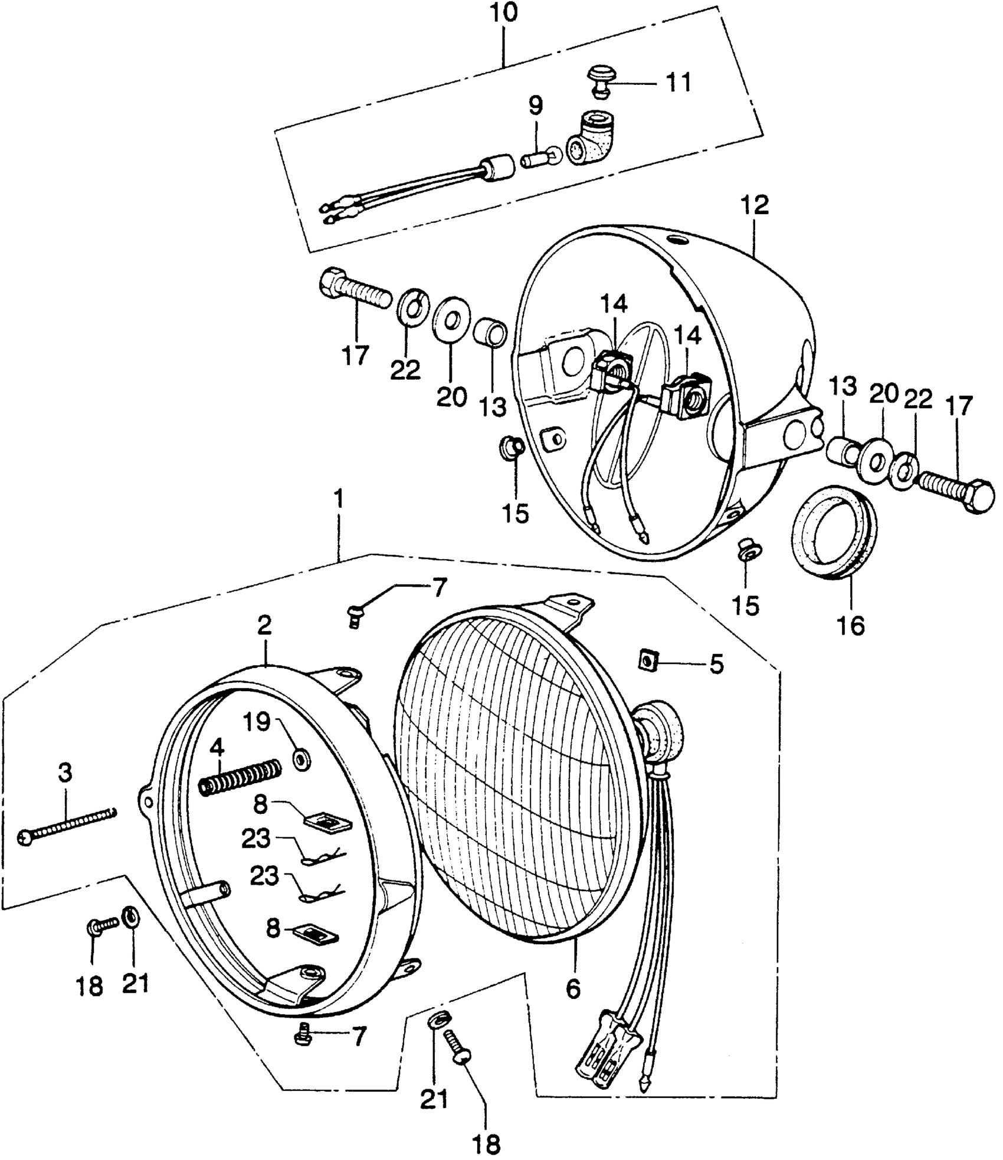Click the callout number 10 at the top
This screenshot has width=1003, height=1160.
(x=504, y=13)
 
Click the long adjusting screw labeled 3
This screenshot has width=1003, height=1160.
(x=68, y=827)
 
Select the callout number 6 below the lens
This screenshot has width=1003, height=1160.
(x=573, y=988)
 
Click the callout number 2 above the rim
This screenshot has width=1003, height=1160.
(x=264, y=625)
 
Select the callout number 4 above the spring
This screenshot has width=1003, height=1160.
(x=217, y=748)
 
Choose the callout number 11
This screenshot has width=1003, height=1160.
(x=678, y=83)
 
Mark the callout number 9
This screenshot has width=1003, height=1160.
(x=535, y=106)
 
